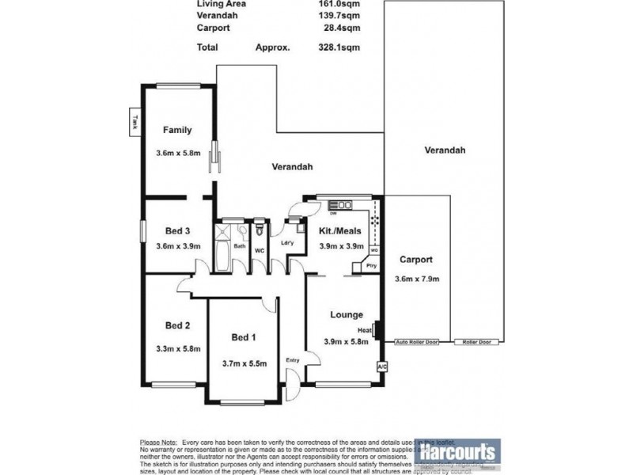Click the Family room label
click(177, 130)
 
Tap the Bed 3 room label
click(177, 231)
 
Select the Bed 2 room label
click(177, 325)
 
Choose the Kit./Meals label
click(341, 230)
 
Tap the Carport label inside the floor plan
click(415, 260)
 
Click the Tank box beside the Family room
click(136, 123)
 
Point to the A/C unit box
click(381, 367)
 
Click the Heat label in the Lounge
click(365, 330)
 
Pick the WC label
click(259, 251)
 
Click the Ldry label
click(287, 243)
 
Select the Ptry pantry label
click(371, 266)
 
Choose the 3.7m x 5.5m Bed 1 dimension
click(244, 363)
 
